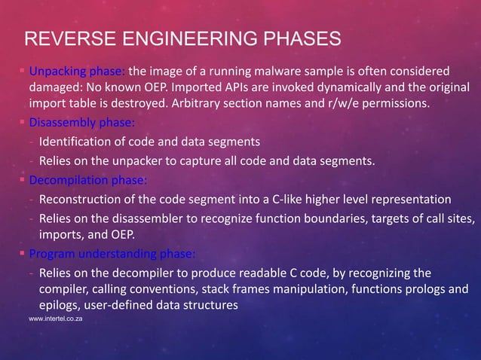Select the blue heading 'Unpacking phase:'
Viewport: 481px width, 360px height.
point(78,72)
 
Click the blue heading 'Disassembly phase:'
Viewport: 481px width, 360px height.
point(82,123)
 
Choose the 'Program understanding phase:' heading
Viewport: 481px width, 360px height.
point(111,252)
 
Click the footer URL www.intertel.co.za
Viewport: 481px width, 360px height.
point(55,319)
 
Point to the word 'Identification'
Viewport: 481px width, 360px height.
point(75,141)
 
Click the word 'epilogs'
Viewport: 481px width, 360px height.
point(60,305)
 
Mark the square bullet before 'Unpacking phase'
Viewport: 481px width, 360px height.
point(23,72)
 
